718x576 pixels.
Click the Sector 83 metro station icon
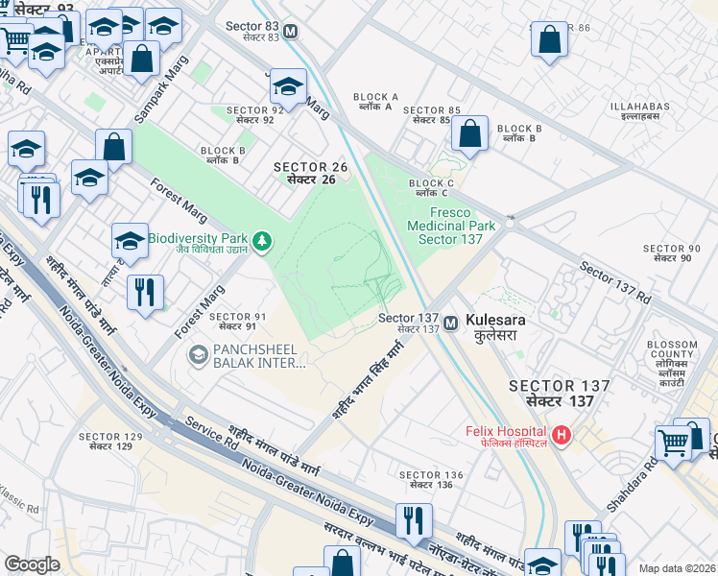pos(291,31)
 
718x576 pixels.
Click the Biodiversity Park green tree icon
pos(260,240)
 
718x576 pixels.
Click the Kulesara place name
pos(491,327)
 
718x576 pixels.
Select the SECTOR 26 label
pos(310,173)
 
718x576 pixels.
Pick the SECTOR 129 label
pos(110,442)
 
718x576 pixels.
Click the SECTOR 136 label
pos(431,480)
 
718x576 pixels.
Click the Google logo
pos(32,564)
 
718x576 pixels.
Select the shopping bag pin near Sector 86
pos(549,40)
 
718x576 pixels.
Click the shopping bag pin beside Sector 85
pos(469,134)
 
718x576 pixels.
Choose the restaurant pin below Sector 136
pos(414,521)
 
